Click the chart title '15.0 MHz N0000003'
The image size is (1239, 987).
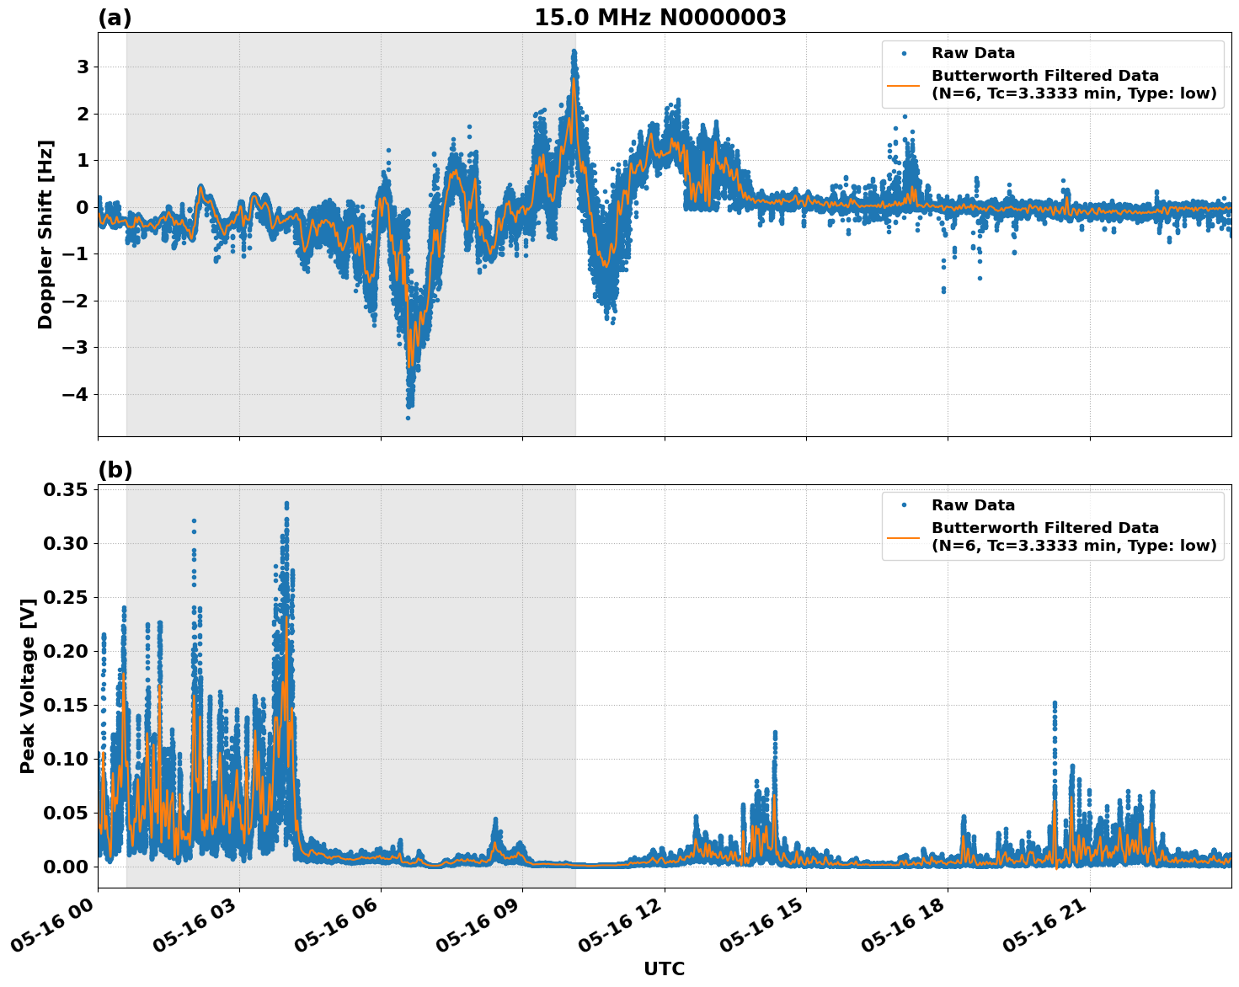(660, 18)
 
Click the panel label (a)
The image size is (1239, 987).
(115, 18)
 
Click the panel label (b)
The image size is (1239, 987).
(115, 470)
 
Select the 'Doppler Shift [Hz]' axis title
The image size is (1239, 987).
(45, 234)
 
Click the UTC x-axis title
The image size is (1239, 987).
(664, 968)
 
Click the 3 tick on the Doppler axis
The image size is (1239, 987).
(83, 67)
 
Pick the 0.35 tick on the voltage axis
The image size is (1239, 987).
(65, 489)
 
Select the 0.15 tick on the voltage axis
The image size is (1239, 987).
(65, 705)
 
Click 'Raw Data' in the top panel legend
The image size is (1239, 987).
(973, 53)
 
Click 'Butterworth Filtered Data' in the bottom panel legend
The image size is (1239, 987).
(1044, 528)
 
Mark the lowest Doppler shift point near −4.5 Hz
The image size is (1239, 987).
(408, 418)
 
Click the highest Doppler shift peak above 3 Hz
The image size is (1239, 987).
(574, 51)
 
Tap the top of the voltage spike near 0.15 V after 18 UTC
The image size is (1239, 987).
(1054, 702)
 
